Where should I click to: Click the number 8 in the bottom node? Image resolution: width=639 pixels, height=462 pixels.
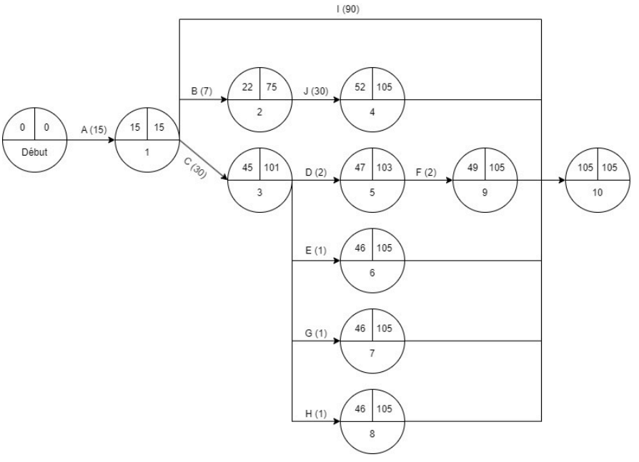[x=372, y=435]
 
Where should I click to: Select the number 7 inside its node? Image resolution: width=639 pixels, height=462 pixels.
[x=372, y=354]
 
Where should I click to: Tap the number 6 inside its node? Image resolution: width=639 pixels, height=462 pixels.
[x=372, y=273]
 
